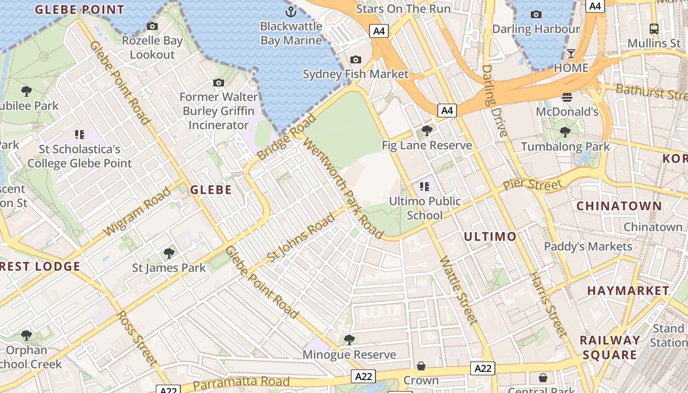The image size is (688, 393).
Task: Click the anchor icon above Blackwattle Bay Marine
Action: pyautogui.click(x=291, y=11)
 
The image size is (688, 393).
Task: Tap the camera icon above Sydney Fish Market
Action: pyautogui.click(x=355, y=60)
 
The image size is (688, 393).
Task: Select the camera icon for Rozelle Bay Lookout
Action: pyautogui.click(x=152, y=26)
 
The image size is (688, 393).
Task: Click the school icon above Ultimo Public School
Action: pyautogui.click(x=425, y=187)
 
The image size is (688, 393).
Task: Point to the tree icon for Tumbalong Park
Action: pyautogui.click(x=565, y=132)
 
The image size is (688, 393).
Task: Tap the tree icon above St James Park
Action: pyautogui.click(x=169, y=253)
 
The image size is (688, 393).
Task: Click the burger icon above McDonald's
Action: pyautogui.click(x=567, y=97)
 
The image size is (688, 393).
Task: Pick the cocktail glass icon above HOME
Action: pyautogui.click(x=571, y=53)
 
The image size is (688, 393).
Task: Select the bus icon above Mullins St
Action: pyautogui.click(x=654, y=28)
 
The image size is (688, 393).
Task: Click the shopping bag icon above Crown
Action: pyautogui.click(x=421, y=366)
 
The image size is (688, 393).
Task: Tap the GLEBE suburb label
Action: pyautogui.click(x=211, y=190)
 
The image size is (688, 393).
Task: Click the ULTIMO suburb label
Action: pyautogui.click(x=490, y=237)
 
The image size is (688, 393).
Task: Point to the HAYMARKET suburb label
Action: pyautogui.click(x=628, y=291)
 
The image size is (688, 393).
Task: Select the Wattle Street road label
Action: pyautogui.click(x=459, y=290)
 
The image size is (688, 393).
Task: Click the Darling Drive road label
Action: pyautogui.click(x=494, y=101)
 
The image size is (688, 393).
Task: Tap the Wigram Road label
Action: pyautogui.click(x=137, y=211)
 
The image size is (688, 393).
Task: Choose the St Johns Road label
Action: pyautogui.click(x=300, y=238)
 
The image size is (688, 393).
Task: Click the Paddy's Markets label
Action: pyautogui.click(x=588, y=247)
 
